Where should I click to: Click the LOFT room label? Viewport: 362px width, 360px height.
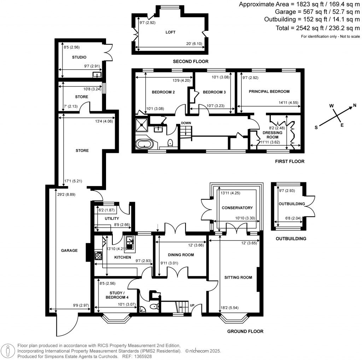tap(170, 32)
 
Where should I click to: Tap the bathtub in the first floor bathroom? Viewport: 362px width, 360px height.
tap(145, 144)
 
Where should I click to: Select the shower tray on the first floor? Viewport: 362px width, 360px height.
tap(141, 125)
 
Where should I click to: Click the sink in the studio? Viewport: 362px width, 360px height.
tap(97, 75)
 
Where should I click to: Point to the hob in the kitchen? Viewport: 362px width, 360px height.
tap(98, 255)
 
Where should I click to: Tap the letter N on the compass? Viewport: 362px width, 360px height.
tap(355, 105)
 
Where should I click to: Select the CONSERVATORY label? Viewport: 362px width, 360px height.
tap(237, 208)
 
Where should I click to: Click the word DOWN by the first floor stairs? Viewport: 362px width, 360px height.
tap(186, 123)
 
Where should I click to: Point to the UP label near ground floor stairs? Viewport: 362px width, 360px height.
tap(192, 305)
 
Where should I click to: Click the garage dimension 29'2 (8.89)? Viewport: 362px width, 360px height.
tap(66, 194)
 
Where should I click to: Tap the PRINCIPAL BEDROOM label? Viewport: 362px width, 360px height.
tap(269, 92)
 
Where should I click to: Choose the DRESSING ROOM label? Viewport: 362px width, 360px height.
tap(273, 135)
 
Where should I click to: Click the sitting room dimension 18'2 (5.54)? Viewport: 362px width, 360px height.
tap(229, 308)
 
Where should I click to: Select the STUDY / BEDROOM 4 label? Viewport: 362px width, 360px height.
tap(117, 295)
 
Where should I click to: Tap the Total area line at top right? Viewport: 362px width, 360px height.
tap(318, 28)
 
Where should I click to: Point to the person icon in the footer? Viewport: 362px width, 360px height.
tap(8, 351)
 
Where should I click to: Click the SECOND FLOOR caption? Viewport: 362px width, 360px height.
tap(191, 62)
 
